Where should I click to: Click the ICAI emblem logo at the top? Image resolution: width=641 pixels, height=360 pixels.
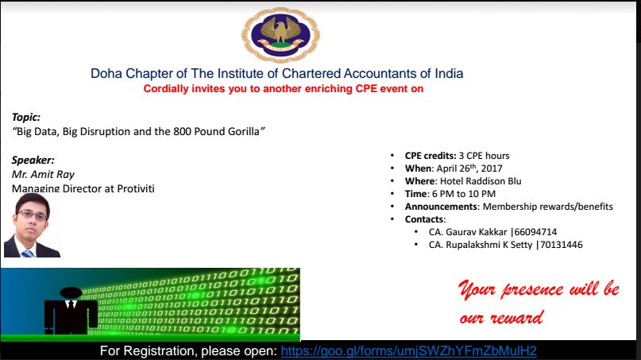tap(281, 35)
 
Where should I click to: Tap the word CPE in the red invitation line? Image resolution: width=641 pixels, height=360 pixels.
tap(366, 89)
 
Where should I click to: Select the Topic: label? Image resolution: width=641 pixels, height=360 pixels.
tap(26, 118)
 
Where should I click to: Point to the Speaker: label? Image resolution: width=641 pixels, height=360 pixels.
tap(33, 160)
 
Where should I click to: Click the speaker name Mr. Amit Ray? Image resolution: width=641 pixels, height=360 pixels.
tap(43, 175)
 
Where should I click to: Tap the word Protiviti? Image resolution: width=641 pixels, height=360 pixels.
tap(136, 188)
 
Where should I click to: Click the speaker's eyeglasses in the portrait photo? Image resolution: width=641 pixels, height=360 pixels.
tap(33, 215)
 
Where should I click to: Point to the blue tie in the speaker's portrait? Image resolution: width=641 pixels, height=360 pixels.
tap(28, 254)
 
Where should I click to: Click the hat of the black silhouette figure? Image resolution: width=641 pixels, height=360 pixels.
tap(71, 292)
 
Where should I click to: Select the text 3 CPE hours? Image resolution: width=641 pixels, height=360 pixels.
tap(484, 156)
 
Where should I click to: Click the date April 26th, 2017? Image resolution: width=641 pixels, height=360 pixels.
tap(469, 168)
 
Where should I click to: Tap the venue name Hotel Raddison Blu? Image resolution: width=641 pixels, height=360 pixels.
tap(481, 181)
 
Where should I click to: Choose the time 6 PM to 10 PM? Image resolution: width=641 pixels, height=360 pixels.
tap(464, 194)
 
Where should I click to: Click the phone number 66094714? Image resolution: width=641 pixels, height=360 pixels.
tap(535, 232)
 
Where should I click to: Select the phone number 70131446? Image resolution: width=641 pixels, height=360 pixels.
tap(562, 245)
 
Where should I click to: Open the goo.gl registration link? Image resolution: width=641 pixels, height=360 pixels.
tap(409, 351)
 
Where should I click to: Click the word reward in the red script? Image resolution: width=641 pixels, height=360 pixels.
tap(517, 317)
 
